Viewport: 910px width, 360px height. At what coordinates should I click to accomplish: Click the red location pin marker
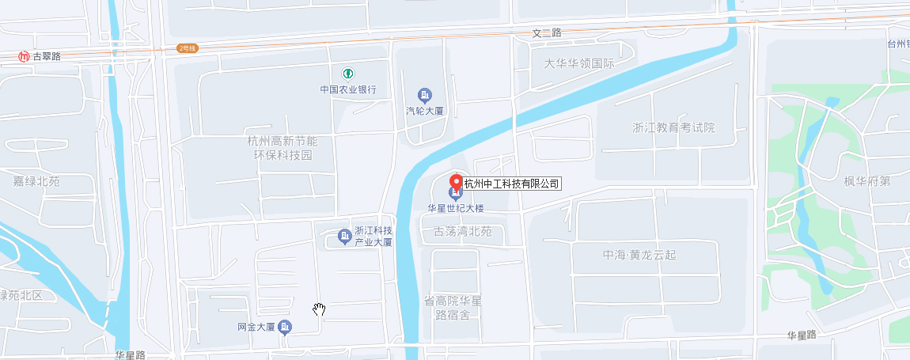(455, 180)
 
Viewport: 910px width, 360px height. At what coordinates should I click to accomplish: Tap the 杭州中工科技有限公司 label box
(511, 184)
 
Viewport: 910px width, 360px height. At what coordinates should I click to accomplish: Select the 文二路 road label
(546, 33)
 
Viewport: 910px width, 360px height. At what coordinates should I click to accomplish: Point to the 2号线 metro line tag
(187, 48)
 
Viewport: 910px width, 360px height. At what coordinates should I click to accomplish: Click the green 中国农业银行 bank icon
(347, 74)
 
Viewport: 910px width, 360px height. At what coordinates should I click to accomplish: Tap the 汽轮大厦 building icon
(425, 96)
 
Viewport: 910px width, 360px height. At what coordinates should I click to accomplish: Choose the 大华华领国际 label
(578, 63)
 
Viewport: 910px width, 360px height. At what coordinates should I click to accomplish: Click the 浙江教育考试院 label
(673, 127)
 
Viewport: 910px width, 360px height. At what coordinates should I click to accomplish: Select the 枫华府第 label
(866, 181)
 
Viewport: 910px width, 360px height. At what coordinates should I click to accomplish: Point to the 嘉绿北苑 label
(36, 181)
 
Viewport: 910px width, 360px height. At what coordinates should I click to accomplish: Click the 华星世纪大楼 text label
(455, 209)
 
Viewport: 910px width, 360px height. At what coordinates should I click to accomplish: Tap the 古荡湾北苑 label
(463, 232)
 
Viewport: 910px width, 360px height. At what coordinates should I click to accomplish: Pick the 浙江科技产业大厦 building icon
(344, 236)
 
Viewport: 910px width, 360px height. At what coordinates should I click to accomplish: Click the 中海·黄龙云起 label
(639, 256)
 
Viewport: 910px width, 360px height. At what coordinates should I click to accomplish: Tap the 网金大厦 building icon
(285, 327)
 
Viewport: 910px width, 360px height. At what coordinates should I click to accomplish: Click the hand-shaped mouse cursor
(319, 309)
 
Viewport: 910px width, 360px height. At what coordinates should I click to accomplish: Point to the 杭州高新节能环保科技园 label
(281, 148)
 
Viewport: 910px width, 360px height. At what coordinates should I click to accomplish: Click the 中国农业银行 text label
(347, 90)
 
